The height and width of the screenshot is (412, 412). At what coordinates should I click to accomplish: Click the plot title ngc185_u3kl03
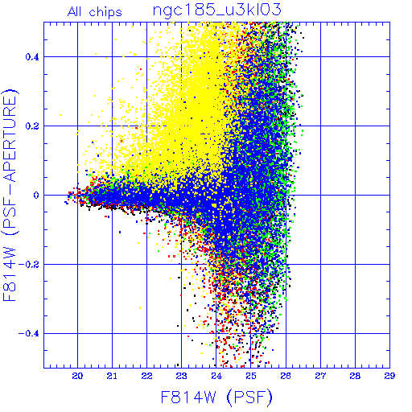point(216,10)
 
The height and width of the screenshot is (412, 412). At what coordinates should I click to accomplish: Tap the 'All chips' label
point(95,12)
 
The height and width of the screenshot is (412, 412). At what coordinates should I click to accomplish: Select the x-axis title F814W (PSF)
point(216,398)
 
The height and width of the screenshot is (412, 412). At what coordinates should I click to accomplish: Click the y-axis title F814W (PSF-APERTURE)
point(10,195)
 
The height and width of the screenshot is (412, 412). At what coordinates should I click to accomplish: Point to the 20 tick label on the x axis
point(77,376)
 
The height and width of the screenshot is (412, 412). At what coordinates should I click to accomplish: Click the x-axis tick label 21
point(112,376)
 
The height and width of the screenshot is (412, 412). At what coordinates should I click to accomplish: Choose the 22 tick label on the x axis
point(146,376)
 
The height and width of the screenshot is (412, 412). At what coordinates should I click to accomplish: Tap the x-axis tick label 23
point(181,376)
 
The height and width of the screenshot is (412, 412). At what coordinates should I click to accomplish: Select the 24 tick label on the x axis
point(216,376)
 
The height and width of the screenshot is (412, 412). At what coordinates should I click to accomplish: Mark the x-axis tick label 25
point(251,376)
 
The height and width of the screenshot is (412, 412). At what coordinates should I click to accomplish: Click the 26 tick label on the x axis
point(286,376)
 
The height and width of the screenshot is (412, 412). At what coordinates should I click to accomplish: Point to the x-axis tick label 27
point(320,376)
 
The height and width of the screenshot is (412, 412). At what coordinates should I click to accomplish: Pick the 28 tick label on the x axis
point(355,376)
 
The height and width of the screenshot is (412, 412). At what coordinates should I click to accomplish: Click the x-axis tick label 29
point(389,376)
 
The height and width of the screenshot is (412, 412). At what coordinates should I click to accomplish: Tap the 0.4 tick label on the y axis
point(32,57)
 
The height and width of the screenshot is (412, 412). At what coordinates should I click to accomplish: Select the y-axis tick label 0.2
point(32,126)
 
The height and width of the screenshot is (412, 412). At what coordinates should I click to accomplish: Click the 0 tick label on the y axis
point(36,196)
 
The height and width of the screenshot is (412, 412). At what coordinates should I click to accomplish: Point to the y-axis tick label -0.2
point(29,265)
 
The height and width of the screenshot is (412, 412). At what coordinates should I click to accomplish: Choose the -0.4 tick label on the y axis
point(29,334)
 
